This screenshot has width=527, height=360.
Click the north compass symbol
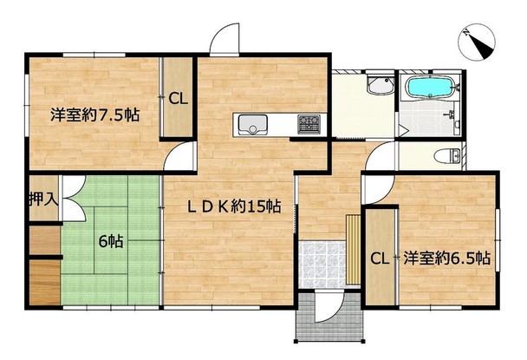(477, 42)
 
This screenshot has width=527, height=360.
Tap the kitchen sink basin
(252, 125)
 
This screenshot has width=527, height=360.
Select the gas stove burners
(309, 124)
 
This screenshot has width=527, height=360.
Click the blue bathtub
(431, 88)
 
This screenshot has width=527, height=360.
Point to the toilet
(447, 156)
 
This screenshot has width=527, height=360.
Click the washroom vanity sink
(381, 85)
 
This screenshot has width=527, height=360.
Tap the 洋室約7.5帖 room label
(95, 115)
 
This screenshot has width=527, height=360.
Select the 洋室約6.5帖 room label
(446, 258)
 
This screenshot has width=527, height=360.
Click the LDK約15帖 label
(234, 206)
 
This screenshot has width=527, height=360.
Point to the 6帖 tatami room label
(111, 241)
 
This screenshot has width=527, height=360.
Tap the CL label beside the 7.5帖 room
(179, 99)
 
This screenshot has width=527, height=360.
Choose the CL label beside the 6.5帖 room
(380, 259)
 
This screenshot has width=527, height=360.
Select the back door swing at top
(224, 38)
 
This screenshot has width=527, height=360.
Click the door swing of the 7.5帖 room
(179, 156)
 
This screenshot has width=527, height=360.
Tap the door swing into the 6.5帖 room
(378, 189)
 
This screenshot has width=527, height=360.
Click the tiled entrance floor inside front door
(322, 264)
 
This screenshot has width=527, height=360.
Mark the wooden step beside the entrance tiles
(354, 250)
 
